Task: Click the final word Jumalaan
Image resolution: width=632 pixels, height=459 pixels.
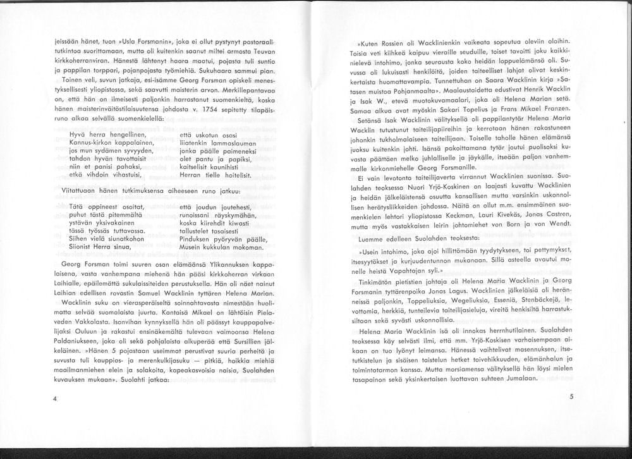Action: click(520, 377)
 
